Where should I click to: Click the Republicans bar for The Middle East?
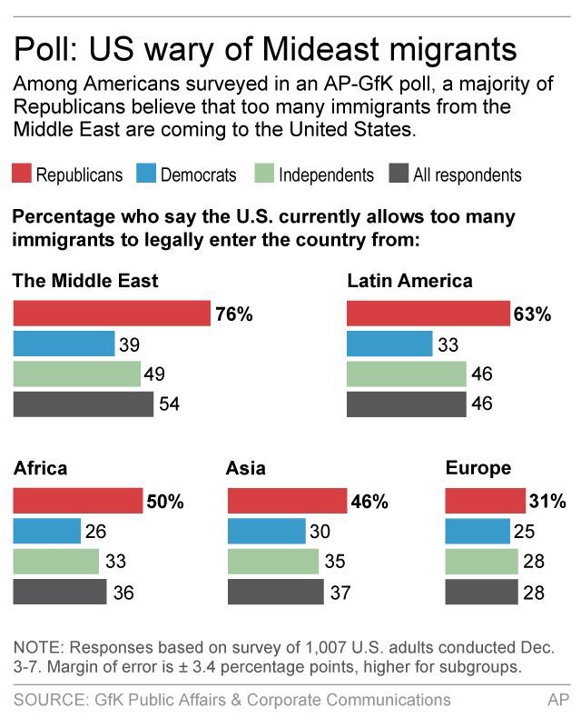[112, 314]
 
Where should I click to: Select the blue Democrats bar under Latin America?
[389, 344]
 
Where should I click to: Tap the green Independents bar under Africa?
[55, 562]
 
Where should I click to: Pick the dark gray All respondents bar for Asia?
[275, 593]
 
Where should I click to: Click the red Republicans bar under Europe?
[485, 501]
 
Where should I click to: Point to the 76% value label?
[234, 314]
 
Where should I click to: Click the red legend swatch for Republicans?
[21, 174]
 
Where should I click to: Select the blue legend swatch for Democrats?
[146, 174]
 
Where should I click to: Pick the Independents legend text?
[326, 175]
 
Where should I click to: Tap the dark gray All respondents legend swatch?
[398, 174]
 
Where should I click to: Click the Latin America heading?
[409, 280]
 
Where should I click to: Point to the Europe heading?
[478, 468]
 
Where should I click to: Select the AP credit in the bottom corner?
[558, 700]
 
